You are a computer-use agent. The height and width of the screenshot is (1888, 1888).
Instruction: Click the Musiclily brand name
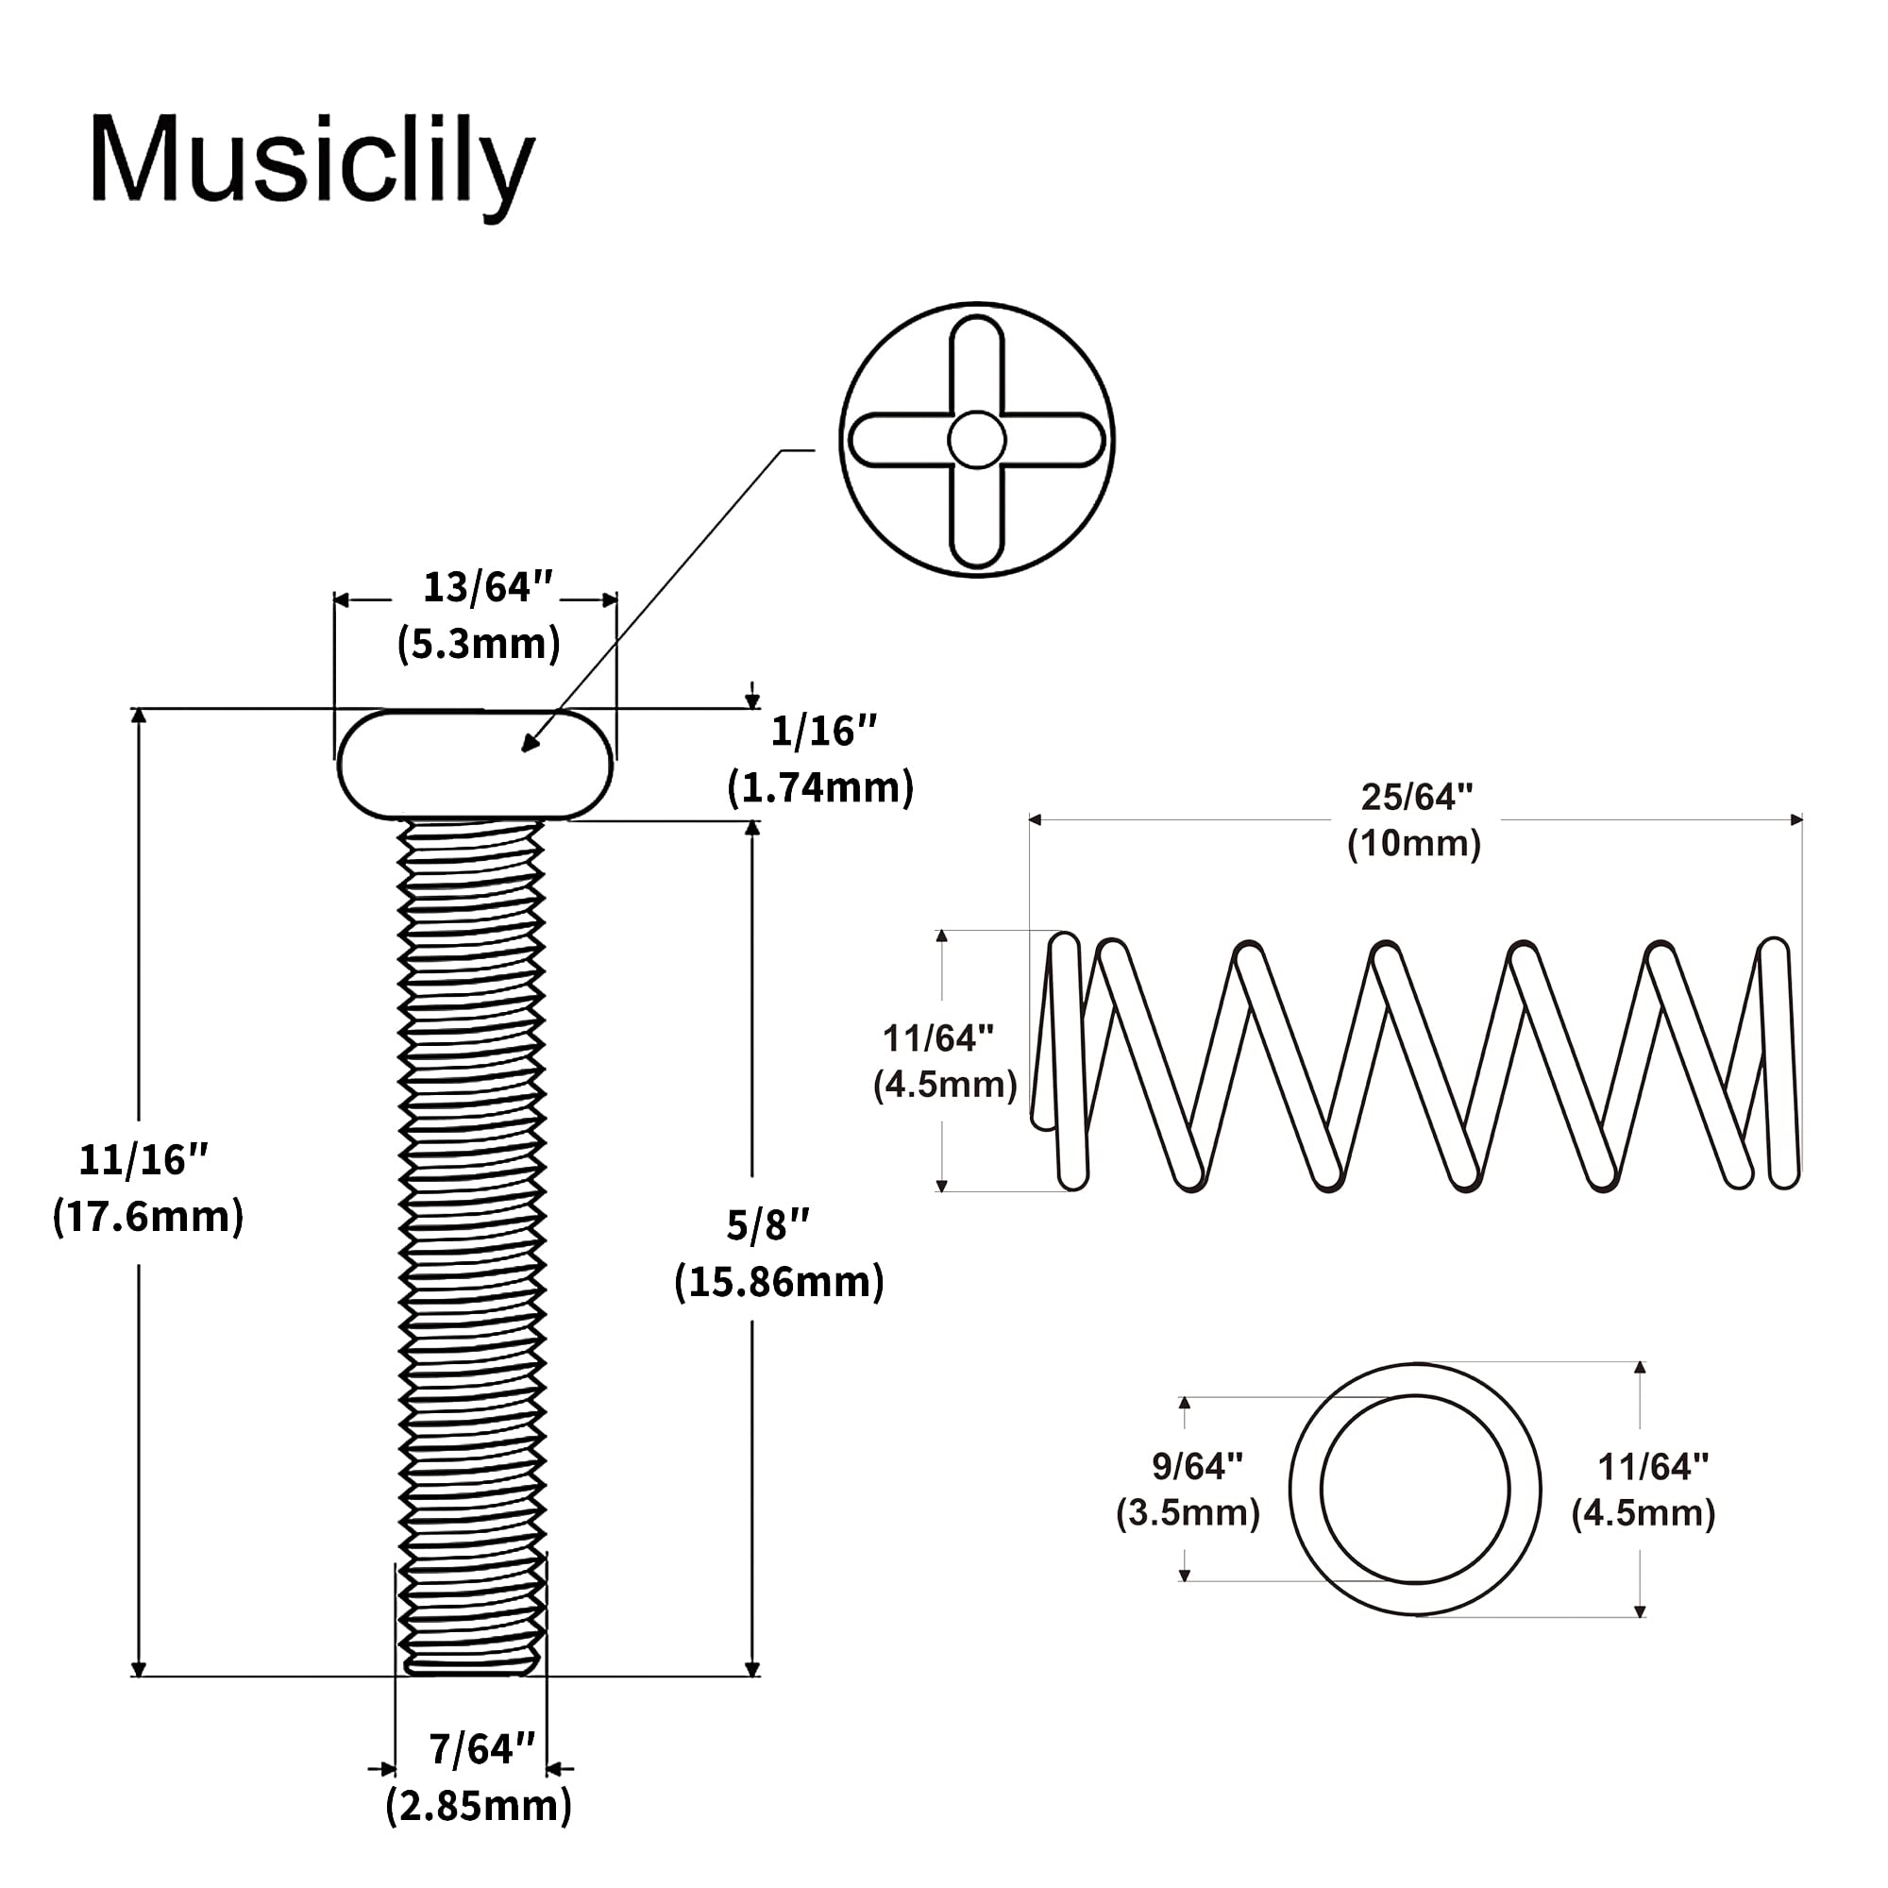click(312, 162)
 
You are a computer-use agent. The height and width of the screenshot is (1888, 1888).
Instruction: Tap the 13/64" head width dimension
click(488, 587)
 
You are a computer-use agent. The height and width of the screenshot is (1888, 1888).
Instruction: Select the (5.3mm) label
click(479, 643)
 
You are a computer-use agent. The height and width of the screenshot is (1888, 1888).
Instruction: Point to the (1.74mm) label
click(821, 786)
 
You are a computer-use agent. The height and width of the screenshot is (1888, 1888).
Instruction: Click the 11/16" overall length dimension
click(143, 1159)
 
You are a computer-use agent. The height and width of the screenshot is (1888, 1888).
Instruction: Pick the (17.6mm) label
click(147, 1216)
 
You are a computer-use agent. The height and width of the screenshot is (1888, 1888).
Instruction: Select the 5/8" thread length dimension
click(768, 1224)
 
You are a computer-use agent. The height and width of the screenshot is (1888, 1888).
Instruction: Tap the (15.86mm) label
click(779, 1281)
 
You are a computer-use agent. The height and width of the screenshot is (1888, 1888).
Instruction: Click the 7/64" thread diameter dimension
click(482, 1749)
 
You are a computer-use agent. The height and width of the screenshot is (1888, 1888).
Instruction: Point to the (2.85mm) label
click(479, 1805)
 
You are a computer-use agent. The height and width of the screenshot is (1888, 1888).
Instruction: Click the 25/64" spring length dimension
click(1417, 798)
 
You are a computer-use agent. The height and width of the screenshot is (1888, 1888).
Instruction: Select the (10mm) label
click(1414, 843)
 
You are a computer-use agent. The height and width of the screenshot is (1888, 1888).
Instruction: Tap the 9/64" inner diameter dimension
click(1197, 1466)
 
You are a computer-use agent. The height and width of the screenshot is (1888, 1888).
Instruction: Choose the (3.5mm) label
click(1188, 1512)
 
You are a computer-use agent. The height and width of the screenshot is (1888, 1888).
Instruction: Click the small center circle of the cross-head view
click(976, 440)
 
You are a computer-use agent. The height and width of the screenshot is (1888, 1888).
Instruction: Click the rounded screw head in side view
click(475, 765)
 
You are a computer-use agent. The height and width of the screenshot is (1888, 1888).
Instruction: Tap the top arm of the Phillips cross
click(976, 362)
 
